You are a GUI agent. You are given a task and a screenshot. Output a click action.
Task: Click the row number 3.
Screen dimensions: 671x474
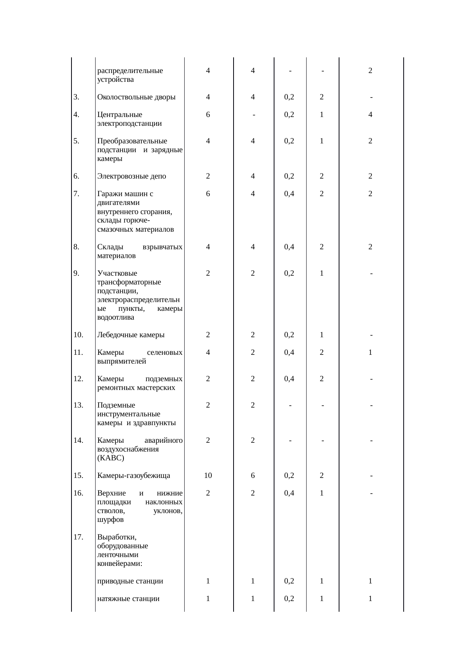76,97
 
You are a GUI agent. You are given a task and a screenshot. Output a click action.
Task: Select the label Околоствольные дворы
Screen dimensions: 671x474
136,97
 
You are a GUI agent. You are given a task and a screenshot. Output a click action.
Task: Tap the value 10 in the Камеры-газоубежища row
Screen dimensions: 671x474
208,476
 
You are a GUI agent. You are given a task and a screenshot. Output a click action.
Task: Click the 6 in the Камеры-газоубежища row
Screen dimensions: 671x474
253,476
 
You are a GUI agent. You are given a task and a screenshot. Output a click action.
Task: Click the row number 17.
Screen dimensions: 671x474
78,537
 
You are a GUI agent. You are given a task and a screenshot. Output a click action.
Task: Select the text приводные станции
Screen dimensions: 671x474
130,581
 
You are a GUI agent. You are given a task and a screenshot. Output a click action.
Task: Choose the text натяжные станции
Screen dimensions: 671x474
128,599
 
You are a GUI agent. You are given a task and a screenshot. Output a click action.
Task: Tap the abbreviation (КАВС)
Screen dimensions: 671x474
110,458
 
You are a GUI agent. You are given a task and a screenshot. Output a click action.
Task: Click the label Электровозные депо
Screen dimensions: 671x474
131,176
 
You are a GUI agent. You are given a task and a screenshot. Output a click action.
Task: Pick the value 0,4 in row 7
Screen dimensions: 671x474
289,194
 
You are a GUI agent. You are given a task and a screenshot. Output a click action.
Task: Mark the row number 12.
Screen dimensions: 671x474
78,379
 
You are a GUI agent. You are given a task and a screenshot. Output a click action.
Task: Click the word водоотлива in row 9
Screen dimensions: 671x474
116,317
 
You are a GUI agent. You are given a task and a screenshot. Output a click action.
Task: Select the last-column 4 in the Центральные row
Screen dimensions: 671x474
370,114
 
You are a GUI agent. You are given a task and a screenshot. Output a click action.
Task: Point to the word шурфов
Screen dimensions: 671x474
110,520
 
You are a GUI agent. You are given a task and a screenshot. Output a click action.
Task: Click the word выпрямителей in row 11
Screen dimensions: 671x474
122,361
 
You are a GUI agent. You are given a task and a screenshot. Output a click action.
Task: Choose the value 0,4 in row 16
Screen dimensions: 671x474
289,493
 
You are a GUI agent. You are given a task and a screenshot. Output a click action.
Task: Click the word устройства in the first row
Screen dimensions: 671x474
115,80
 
